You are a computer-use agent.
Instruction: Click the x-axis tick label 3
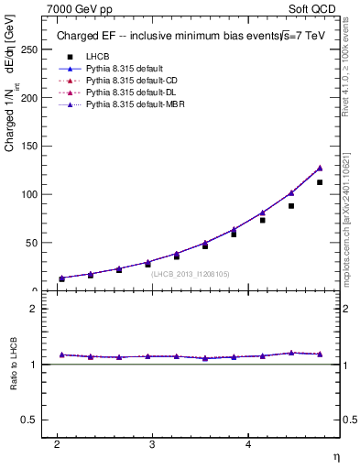(x=153, y=444)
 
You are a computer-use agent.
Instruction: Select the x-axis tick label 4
(x=248, y=444)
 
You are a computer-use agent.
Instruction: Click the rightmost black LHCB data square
(x=320, y=182)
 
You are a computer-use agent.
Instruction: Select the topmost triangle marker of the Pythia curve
(x=320, y=168)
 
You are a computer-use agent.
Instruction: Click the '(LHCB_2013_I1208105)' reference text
(x=189, y=273)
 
